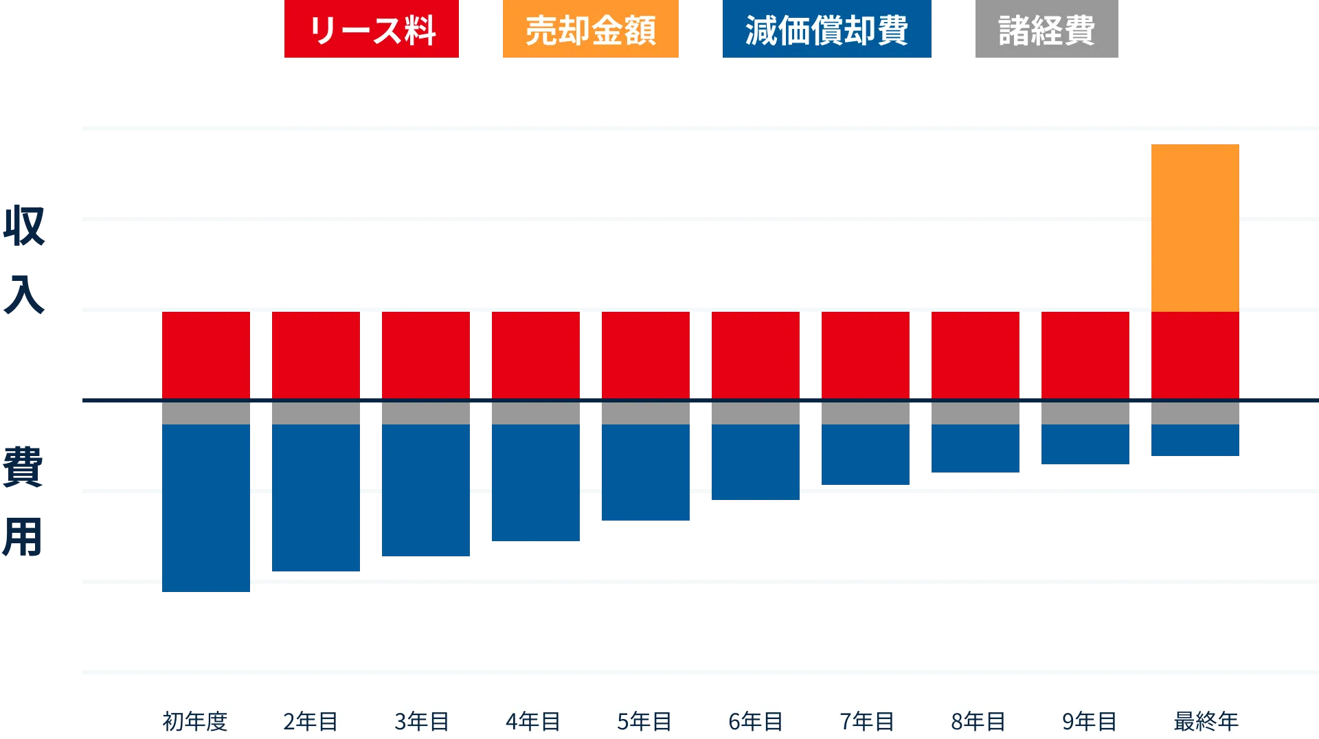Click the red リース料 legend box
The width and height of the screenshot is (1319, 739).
(371, 30)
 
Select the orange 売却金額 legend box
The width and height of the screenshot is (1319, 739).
(590, 30)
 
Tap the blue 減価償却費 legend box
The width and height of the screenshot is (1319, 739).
(826, 30)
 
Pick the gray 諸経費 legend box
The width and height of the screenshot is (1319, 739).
(1046, 30)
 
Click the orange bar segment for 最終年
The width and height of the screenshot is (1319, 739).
(1195, 227)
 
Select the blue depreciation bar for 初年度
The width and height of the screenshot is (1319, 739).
(206, 508)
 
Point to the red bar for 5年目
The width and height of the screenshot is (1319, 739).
(646, 355)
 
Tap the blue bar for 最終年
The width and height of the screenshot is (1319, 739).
(1195, 440)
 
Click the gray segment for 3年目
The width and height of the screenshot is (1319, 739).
(426, 413)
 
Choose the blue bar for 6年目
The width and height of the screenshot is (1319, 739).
(756, 461)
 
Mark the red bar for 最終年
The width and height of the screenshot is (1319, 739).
(1195, 355)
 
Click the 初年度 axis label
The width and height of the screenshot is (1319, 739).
(195, 721)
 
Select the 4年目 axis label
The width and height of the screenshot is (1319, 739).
(533, 721)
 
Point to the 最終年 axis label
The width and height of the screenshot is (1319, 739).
(1206, 721)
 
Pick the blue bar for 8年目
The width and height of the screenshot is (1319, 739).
(976, 448)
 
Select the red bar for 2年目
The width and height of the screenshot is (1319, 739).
(316, 355)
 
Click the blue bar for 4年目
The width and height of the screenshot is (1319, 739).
(536, 483)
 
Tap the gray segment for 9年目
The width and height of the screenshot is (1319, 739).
(1085, 413)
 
